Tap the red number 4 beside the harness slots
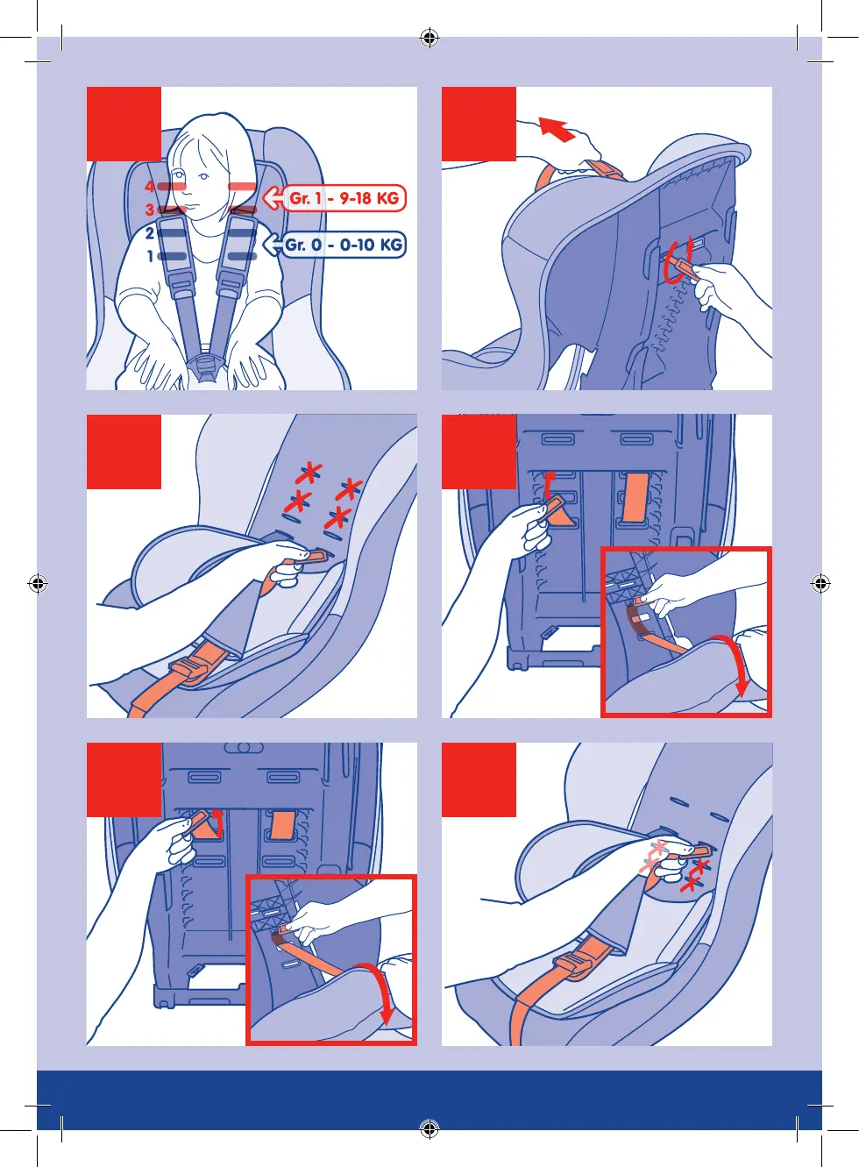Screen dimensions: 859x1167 (150, 187)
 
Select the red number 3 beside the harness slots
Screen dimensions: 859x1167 (150, 210)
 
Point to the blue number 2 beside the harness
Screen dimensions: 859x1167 (150, 233)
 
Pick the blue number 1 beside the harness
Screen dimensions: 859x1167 (151, 256)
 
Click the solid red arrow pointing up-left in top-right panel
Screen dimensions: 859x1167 (557, 129)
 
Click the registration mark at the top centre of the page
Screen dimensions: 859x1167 (429, 38)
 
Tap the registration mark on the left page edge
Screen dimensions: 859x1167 (38, 583)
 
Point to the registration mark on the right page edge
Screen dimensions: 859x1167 (820, 583)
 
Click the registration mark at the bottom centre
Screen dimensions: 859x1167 (429, 1128)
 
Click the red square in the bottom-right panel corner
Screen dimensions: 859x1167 (479, 779)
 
